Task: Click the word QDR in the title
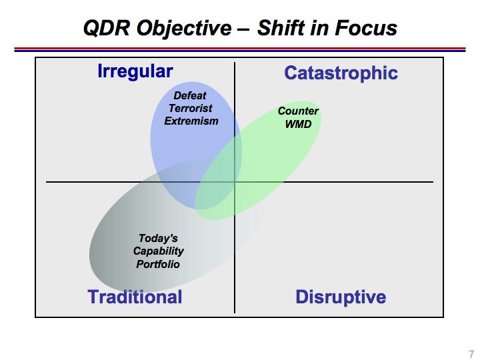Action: [x=107, y=28]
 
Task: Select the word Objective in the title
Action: [x=184, y=29]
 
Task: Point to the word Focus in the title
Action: [x=366, y=28]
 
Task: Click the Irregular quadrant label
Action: [x=135, y=71]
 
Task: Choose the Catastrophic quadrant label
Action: [x=341, y=73]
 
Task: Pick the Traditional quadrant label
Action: [x=135, y=297]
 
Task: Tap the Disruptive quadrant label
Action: [x=341, y=297]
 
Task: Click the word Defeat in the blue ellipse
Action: [x=190, y=95]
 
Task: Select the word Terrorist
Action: [x=191, y=108]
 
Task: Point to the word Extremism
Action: [x=191, y=121]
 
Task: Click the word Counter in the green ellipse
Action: [x=298, y=111]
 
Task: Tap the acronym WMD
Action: [x=298, y=124]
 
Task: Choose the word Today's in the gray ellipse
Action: [x=158, y=238]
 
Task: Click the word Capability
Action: [x=159, y=251]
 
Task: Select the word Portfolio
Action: [x=158, y=264]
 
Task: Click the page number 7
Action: [x=471, y=353]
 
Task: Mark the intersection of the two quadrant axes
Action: [x=235, y=182]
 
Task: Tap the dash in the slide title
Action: [x=244, y=29]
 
